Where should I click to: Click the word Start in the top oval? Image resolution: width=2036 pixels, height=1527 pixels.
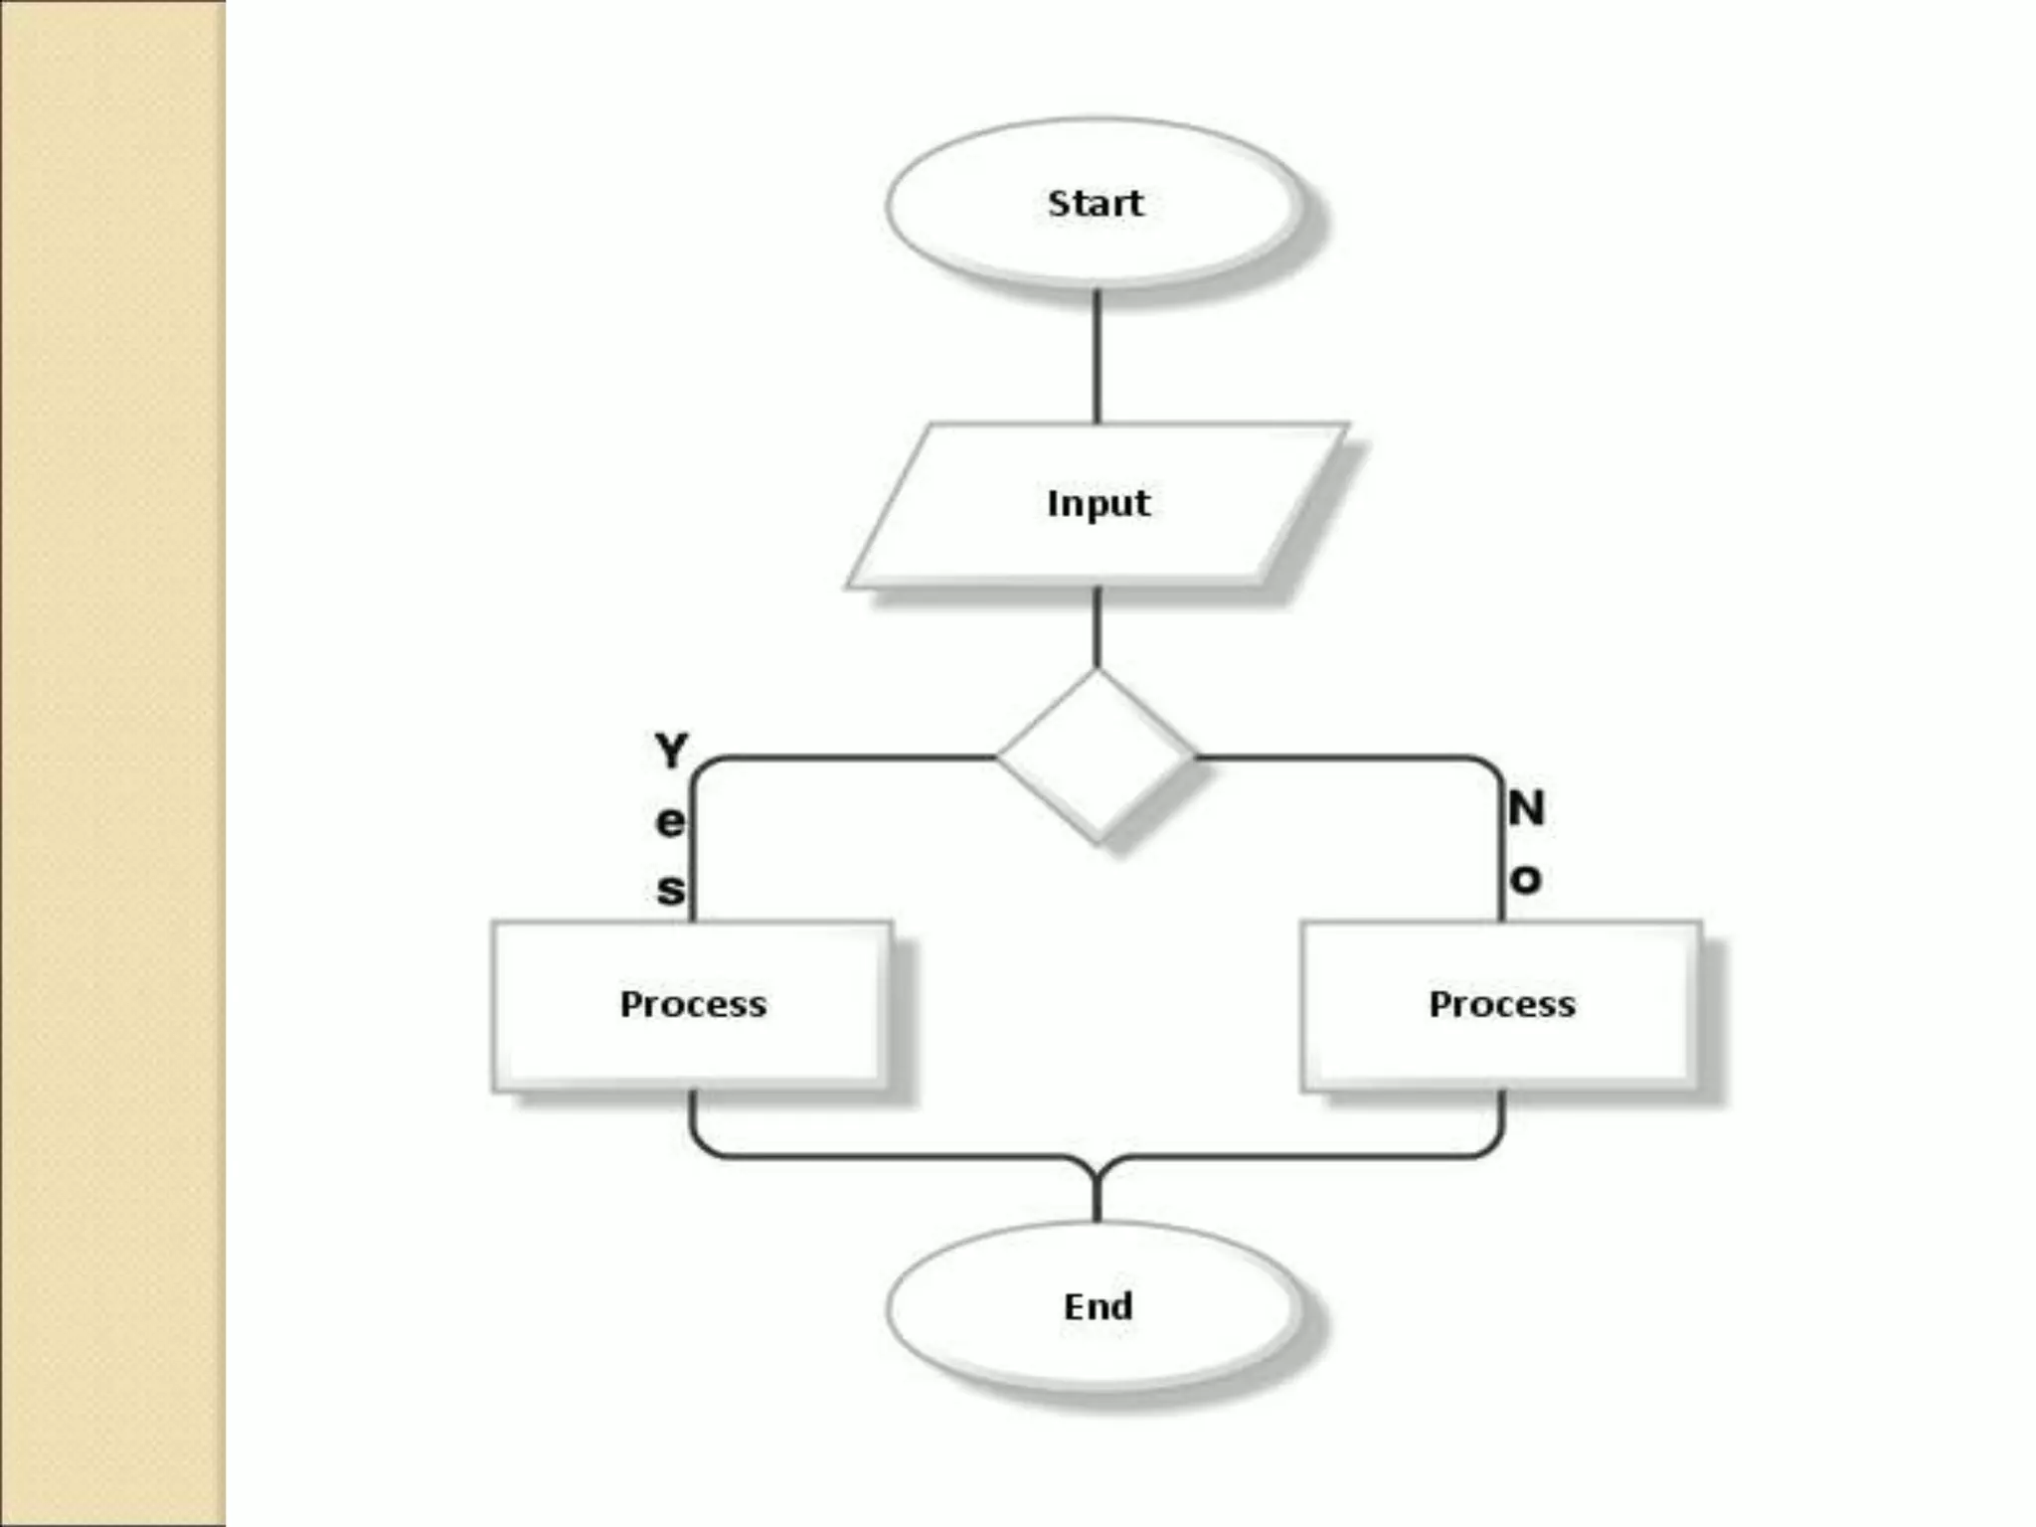pos(1096,203)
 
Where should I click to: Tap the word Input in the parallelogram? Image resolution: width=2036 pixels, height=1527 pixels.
pos(1098,503)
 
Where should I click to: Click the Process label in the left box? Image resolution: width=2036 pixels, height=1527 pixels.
pos(693,1004)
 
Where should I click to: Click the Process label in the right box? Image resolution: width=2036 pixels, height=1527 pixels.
pos(1501,1004)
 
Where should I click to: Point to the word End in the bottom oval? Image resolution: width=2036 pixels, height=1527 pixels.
pos(1098,1305)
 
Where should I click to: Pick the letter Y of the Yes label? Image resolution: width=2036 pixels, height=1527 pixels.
pos(672,751)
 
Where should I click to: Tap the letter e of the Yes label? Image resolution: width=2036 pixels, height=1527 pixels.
pos(670,821)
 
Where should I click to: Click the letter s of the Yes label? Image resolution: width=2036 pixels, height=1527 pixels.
pos(671,889)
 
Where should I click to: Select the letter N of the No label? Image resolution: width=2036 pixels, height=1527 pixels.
pos(1526,808)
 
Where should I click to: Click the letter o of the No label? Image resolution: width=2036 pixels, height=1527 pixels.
pos(1526,879)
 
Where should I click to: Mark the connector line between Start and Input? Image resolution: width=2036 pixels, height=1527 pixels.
pos(1097,358)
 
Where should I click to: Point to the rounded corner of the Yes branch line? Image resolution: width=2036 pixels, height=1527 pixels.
pos(701,767)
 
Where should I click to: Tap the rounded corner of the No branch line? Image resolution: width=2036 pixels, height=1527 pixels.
pos(1491,767)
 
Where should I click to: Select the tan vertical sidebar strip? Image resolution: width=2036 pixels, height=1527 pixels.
pos(112,763)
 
